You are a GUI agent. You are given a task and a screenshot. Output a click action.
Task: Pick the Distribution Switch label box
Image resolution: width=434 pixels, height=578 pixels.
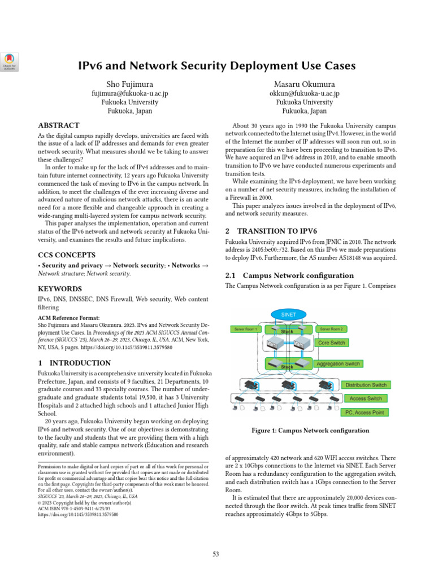click(x=366, y=385)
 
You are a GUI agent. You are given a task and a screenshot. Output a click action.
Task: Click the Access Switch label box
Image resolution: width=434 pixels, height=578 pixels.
click(x=366, y=399)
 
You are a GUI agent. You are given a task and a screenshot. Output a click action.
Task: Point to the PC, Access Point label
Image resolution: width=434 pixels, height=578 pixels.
click(x=364, y=413)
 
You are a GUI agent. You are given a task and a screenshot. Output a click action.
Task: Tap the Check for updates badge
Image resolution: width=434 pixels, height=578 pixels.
click(x=10, y=62)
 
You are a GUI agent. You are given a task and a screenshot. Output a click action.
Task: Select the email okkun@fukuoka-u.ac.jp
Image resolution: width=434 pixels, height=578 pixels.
click(x=304, y=93)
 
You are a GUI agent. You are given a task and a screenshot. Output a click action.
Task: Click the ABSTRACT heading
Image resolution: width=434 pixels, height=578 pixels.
click(x=58, y=125)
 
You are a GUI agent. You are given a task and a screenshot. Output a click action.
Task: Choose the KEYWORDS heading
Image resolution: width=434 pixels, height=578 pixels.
click(x=60, y=289)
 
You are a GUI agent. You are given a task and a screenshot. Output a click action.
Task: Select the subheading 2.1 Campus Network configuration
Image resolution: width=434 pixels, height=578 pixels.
click(x=289, y=275)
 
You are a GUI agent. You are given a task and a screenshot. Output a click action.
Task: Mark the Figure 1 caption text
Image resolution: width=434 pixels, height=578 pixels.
click(x=310, y=431)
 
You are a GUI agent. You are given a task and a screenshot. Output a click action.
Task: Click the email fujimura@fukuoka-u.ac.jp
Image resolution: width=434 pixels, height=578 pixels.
click(x=130, y=93)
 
